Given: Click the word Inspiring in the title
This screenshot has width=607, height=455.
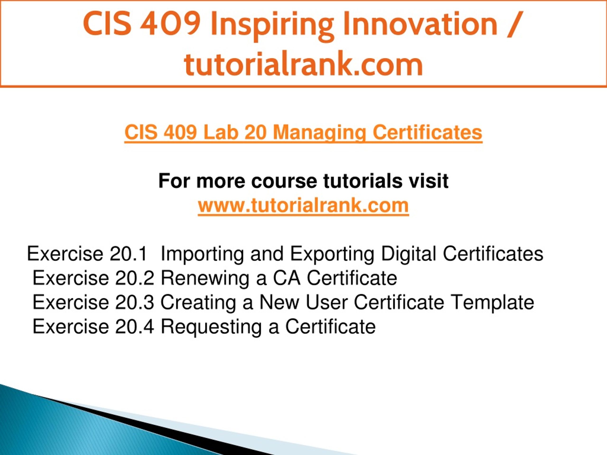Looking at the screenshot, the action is pyautogui.click(x=272, y=26).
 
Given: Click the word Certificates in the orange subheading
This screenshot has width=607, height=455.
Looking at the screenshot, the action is pyautogui.click(x=427, y=132).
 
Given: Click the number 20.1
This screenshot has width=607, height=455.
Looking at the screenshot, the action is pyautogui.click(x=128, y=254).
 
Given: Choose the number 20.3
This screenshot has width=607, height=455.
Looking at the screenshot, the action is pyautogui.click(x=134, y=302).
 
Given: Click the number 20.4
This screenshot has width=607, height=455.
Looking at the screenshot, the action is pyautogui.click(x=134, y=326).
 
